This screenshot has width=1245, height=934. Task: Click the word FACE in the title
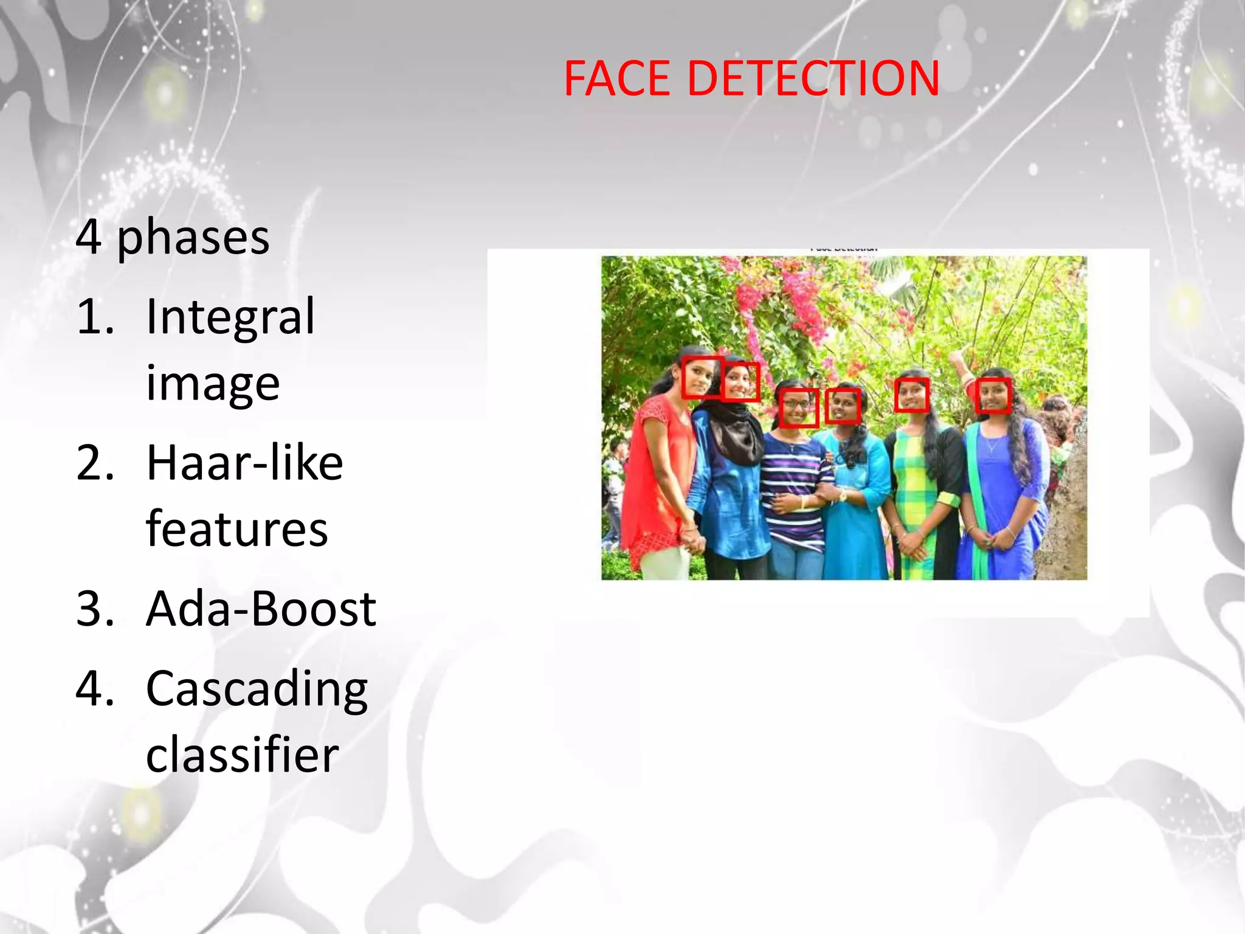(x=616, y=79)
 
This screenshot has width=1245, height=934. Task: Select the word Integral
(x=230, y=317)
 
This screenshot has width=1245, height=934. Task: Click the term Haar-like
(x=244, y=463)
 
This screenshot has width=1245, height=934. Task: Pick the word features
(x=237, y=529)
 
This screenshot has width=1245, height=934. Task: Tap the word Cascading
(x=257, y=690)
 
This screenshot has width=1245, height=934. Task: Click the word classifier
(x=243, y=755)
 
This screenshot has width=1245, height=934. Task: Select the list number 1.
(x=95, y=317)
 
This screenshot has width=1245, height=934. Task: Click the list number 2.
(x=95, y=463)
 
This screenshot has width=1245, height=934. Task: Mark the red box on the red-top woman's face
(x=702, y=377)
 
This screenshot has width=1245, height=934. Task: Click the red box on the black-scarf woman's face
(x=741, y=382)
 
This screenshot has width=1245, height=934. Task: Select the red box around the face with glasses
(x=798, y=407)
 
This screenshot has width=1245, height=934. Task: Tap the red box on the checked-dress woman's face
(x=912, y=395)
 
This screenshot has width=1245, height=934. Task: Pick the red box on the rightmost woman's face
(x=993, y=395)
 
